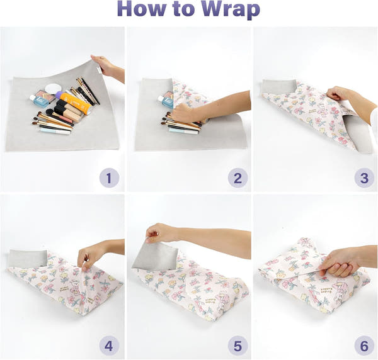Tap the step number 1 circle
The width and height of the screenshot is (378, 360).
click(109, 178)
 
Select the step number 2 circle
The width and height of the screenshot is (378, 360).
click(238, 178)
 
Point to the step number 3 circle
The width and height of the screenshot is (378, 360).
click(364, 178)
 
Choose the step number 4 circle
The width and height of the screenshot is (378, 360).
click(109, 346)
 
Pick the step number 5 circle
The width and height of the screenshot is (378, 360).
click(238, 346)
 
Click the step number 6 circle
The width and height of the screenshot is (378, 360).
click(364, 346)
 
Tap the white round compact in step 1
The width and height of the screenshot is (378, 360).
click(54, 89)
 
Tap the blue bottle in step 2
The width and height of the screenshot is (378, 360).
click(167, 99)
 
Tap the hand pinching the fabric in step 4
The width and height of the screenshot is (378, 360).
click(91, 254)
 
